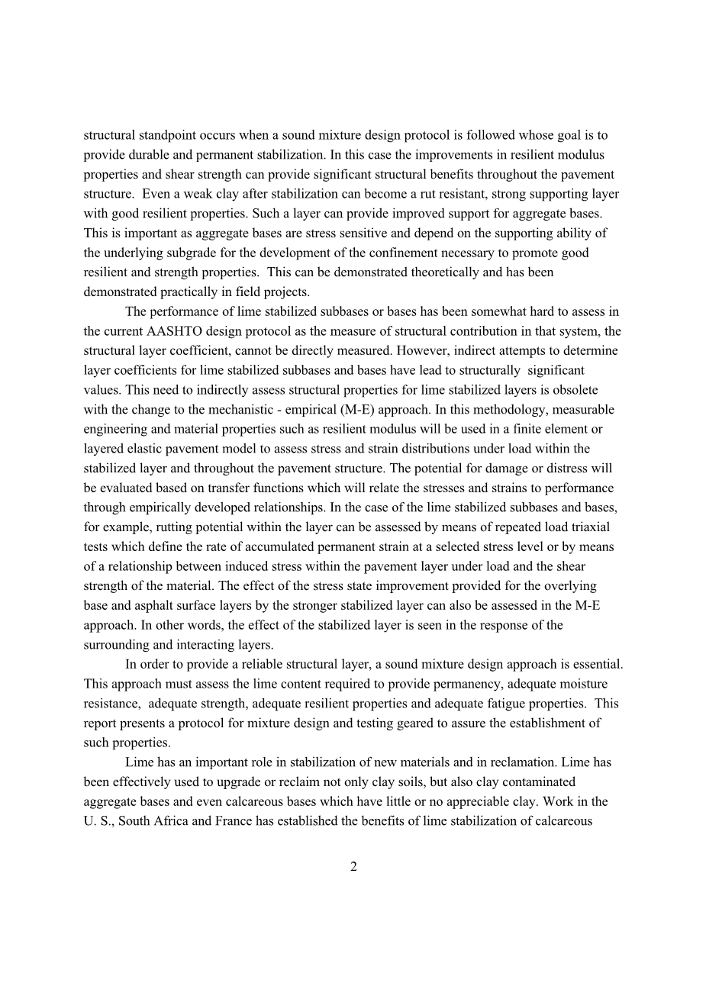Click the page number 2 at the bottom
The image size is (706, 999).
pyautogui.click(x=353, y=866)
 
